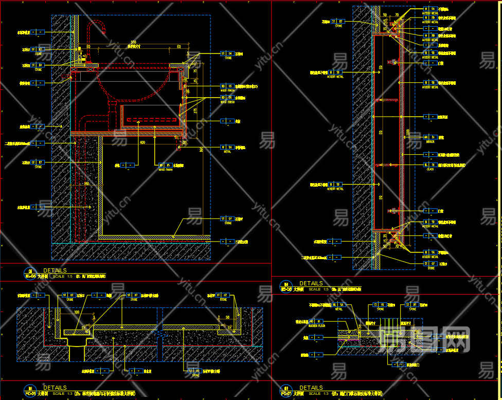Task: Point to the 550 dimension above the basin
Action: [x=133, y=42]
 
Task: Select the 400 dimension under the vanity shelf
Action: [x=142, y=142]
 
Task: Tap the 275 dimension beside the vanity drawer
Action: [x=195, y=111]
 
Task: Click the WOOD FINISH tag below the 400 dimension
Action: [x=165, y=166]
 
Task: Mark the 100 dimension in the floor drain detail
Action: [x=77, y=312]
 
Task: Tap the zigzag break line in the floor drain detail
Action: [x=163, y=335]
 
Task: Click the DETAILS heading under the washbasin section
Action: [x=55, y=270]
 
